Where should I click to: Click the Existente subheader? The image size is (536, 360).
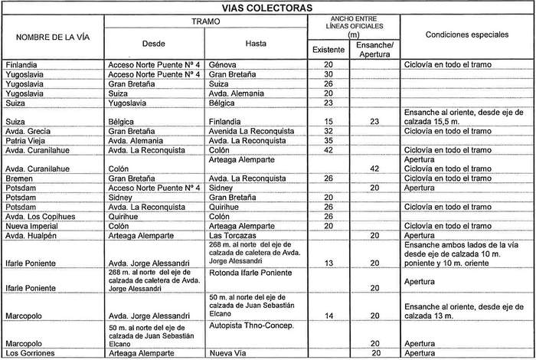pos(328,50)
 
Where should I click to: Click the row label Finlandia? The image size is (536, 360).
pos(21,66)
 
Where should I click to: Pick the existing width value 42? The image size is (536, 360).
pos(328,150)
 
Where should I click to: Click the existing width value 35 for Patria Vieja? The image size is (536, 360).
pos(328,141)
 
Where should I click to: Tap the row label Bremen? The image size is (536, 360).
pos(20,178)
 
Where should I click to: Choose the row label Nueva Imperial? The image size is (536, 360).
pos(33,226)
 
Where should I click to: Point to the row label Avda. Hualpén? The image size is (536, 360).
pos(31,236)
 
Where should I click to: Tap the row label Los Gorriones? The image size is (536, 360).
pos(29,354)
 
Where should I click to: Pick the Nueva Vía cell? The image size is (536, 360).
pos(228,354)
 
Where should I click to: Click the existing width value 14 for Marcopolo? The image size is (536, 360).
pos(328,316)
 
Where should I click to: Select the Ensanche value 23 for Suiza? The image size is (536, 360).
pos(374,122)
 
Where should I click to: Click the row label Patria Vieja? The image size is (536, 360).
pos(26,141)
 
